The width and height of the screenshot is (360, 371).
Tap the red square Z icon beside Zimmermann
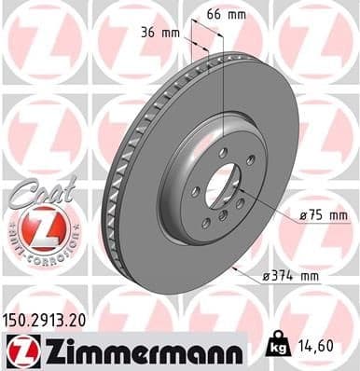[x=20, y=350]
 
